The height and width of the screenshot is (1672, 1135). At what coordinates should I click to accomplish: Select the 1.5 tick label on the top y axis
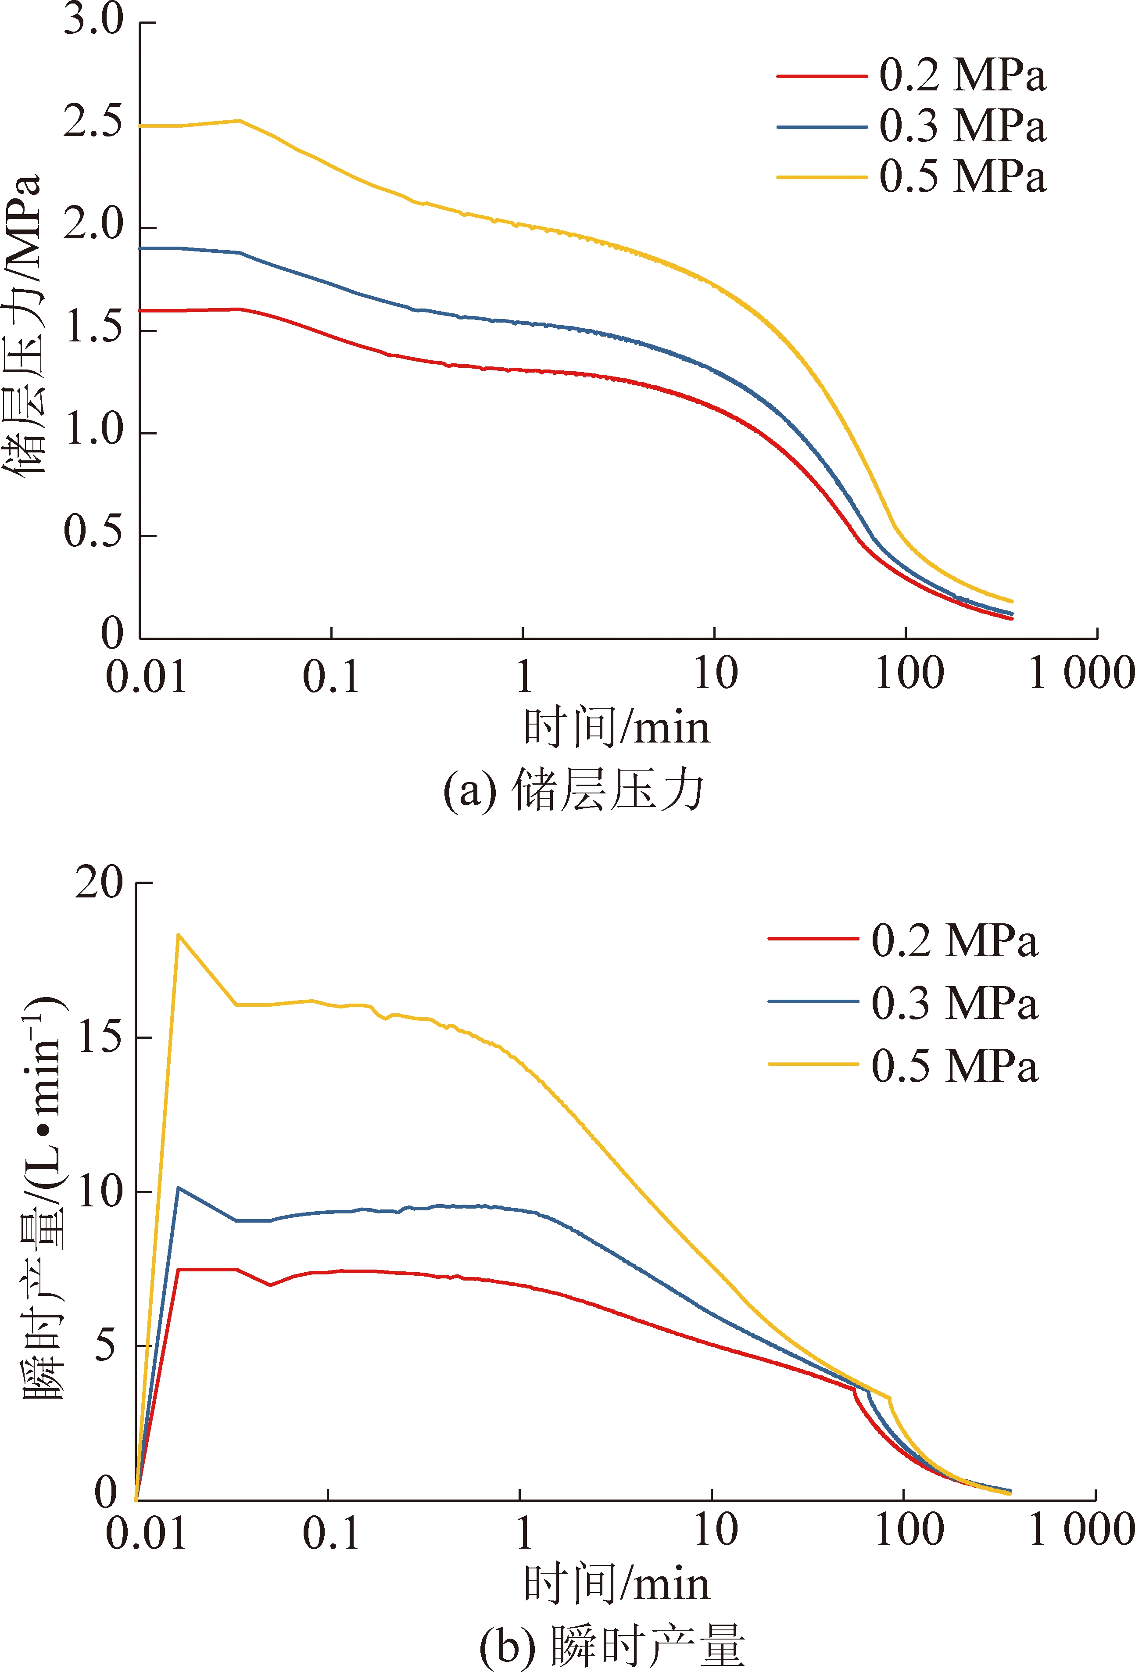pos(93,328)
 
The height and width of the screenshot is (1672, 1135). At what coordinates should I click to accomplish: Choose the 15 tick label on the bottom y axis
pos(99,1037)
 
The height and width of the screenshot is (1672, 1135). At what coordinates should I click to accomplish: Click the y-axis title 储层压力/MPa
pos(23,324)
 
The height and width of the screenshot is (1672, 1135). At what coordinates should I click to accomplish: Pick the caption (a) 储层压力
pos(573,791)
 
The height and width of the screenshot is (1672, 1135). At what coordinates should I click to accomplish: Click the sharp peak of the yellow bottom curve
pos(178,935)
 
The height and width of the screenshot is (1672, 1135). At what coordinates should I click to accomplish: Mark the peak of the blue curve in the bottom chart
pos(178,1188)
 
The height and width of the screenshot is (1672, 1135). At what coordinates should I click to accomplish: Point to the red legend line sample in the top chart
pos(821,75)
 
